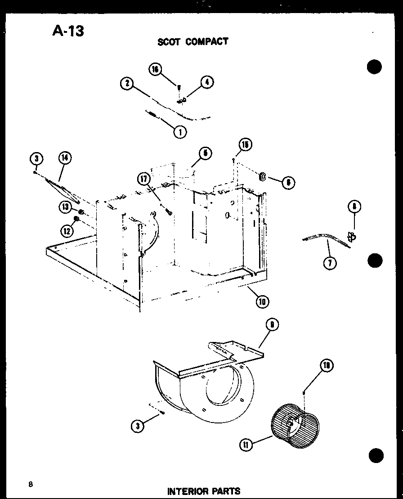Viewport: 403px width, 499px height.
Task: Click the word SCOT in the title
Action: click(169, 42)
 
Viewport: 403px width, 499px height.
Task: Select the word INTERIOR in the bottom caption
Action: click(187, 491)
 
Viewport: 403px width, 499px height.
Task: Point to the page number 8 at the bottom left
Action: click(30, 484)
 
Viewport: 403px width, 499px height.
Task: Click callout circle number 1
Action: click(181, 132)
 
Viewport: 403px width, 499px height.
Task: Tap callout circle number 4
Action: click(206, 82)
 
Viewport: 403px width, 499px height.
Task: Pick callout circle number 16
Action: click(156, 70)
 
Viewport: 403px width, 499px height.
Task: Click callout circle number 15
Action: click(245, 145)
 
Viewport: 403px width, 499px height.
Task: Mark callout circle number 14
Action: click(65, 158)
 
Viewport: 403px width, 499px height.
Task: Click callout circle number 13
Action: click(66, 207)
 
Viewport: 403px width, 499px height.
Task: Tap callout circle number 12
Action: click(66, 231)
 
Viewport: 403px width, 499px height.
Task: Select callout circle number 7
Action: click(330, 262)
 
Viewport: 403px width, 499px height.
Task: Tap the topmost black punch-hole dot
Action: click(374, 67)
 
